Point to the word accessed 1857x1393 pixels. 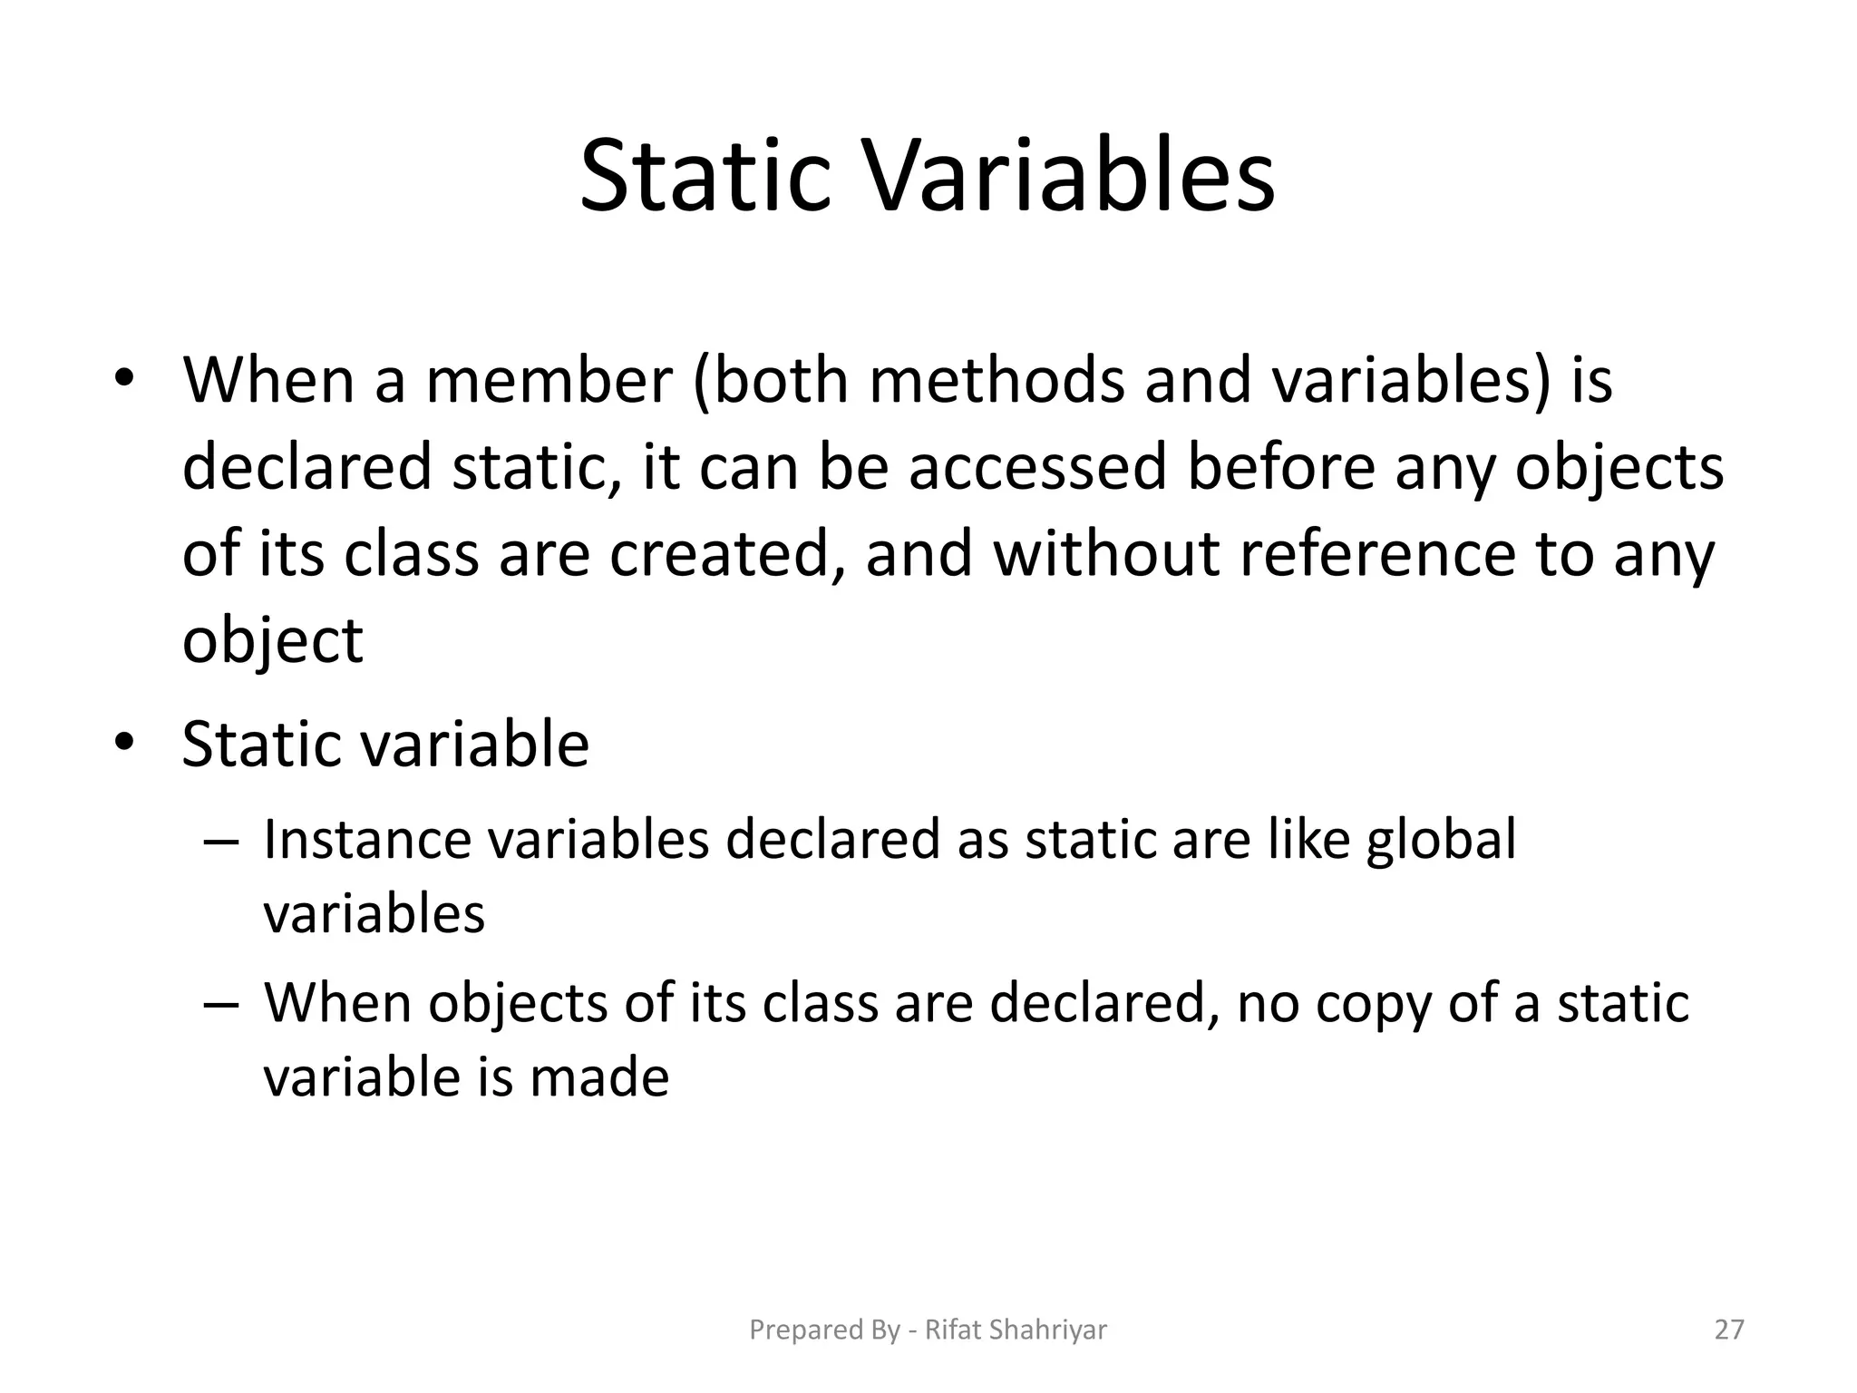(1037, 468)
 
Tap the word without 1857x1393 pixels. (1106, 554)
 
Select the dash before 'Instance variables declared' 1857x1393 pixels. (221, 840)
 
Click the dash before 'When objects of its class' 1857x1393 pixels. (221, 1004)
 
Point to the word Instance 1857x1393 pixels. (367, 840)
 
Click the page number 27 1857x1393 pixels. (1729, 1330)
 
